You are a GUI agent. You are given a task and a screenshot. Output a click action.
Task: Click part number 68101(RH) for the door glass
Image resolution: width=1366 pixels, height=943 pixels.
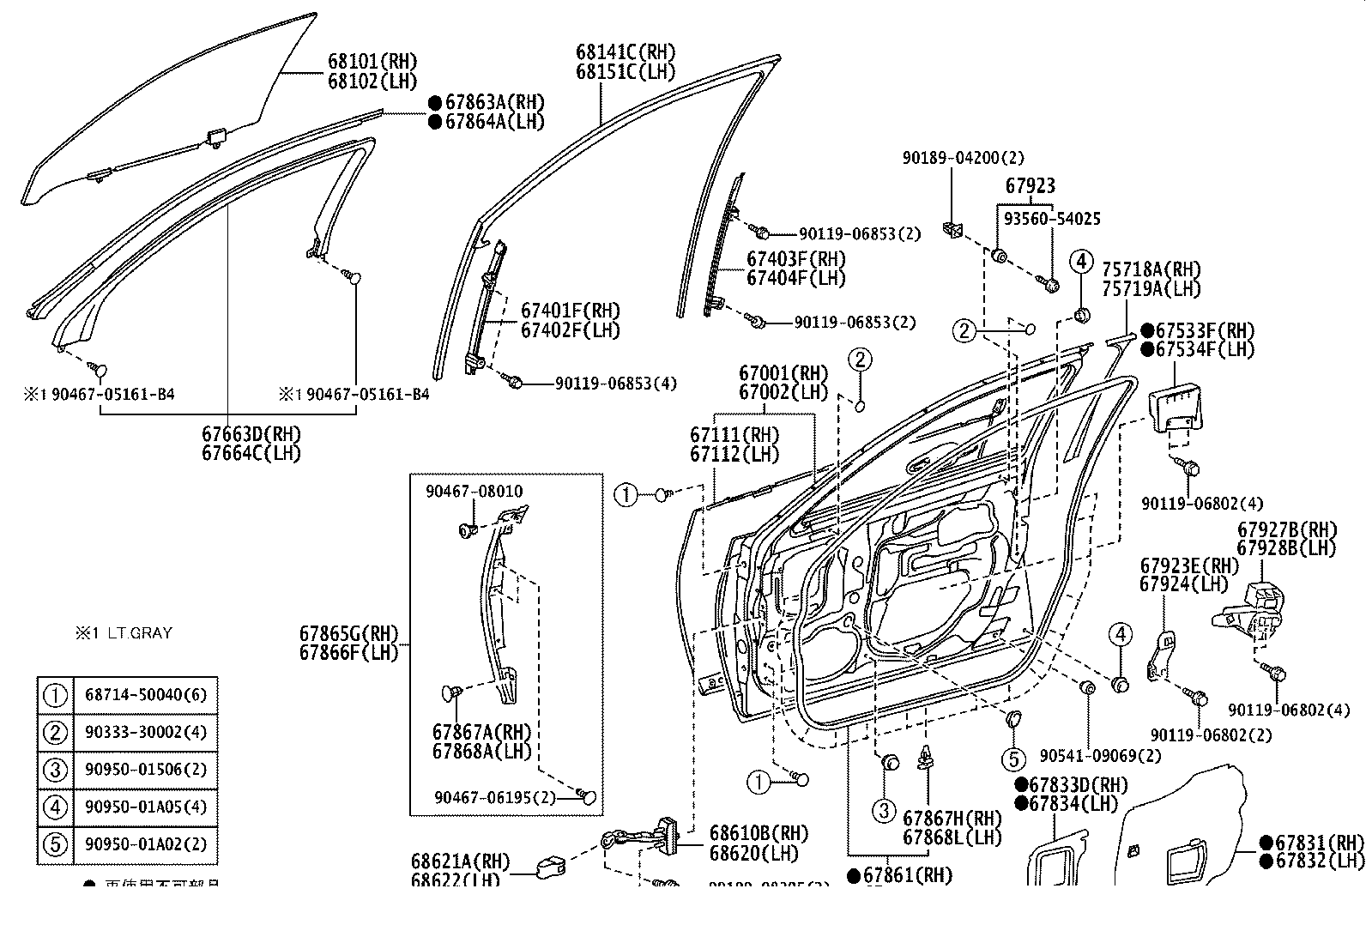coord(372,62)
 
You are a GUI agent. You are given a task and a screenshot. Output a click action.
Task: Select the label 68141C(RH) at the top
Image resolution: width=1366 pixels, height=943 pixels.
coord(625,51)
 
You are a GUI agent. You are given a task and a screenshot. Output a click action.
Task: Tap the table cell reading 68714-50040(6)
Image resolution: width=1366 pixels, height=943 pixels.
coord(145,694)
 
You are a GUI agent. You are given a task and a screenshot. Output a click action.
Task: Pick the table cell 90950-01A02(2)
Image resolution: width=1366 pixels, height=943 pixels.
coord(145,843)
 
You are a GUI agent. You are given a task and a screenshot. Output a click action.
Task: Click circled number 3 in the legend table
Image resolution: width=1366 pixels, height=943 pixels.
coord(55,770)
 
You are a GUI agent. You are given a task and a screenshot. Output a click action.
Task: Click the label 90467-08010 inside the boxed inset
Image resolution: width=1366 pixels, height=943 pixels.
coord(474,492)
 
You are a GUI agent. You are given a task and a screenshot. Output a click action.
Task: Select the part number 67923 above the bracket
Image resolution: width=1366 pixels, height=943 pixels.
coord(1030,185)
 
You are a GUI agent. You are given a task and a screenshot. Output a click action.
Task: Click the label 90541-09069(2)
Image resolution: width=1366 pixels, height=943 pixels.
coord(1099,756)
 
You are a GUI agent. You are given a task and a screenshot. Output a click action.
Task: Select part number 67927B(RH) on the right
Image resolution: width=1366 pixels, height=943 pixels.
coord(1286,529)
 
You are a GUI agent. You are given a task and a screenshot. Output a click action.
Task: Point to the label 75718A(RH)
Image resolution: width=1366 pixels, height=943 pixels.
coord(1151,269)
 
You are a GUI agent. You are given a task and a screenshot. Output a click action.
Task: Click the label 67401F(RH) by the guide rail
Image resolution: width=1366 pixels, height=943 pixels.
coord(570,311)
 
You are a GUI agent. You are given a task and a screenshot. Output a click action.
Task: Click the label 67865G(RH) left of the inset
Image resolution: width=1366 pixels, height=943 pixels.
coord(349,633)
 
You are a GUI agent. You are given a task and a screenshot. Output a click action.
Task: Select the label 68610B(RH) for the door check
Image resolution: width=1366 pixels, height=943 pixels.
coord(759,834)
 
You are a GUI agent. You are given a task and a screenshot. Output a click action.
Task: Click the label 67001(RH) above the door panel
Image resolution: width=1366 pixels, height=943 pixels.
coord(783,373)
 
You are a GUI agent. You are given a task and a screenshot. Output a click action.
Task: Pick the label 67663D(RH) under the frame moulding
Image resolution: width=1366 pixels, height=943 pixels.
coord(251,434)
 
